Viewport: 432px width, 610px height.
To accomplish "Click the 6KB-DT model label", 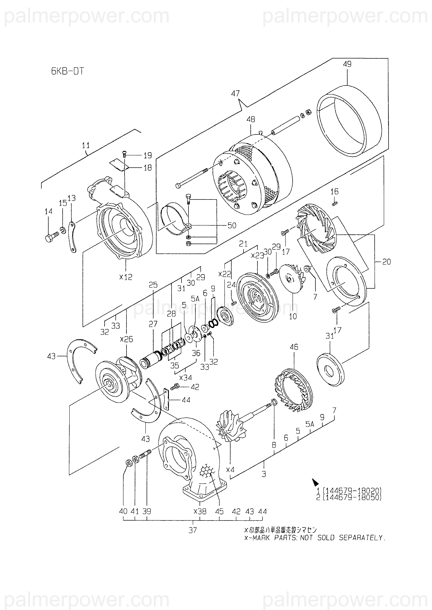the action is (x=68, y=71).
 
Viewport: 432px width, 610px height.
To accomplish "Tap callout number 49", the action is (x=347, y=64).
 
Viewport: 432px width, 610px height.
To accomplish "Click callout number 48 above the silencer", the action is (x=251, y=119).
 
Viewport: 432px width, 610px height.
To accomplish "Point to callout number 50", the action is (x=232, y=225).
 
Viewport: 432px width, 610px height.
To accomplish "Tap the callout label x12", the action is (x=126, y=277).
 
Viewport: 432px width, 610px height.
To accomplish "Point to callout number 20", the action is (x=387, y=262).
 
